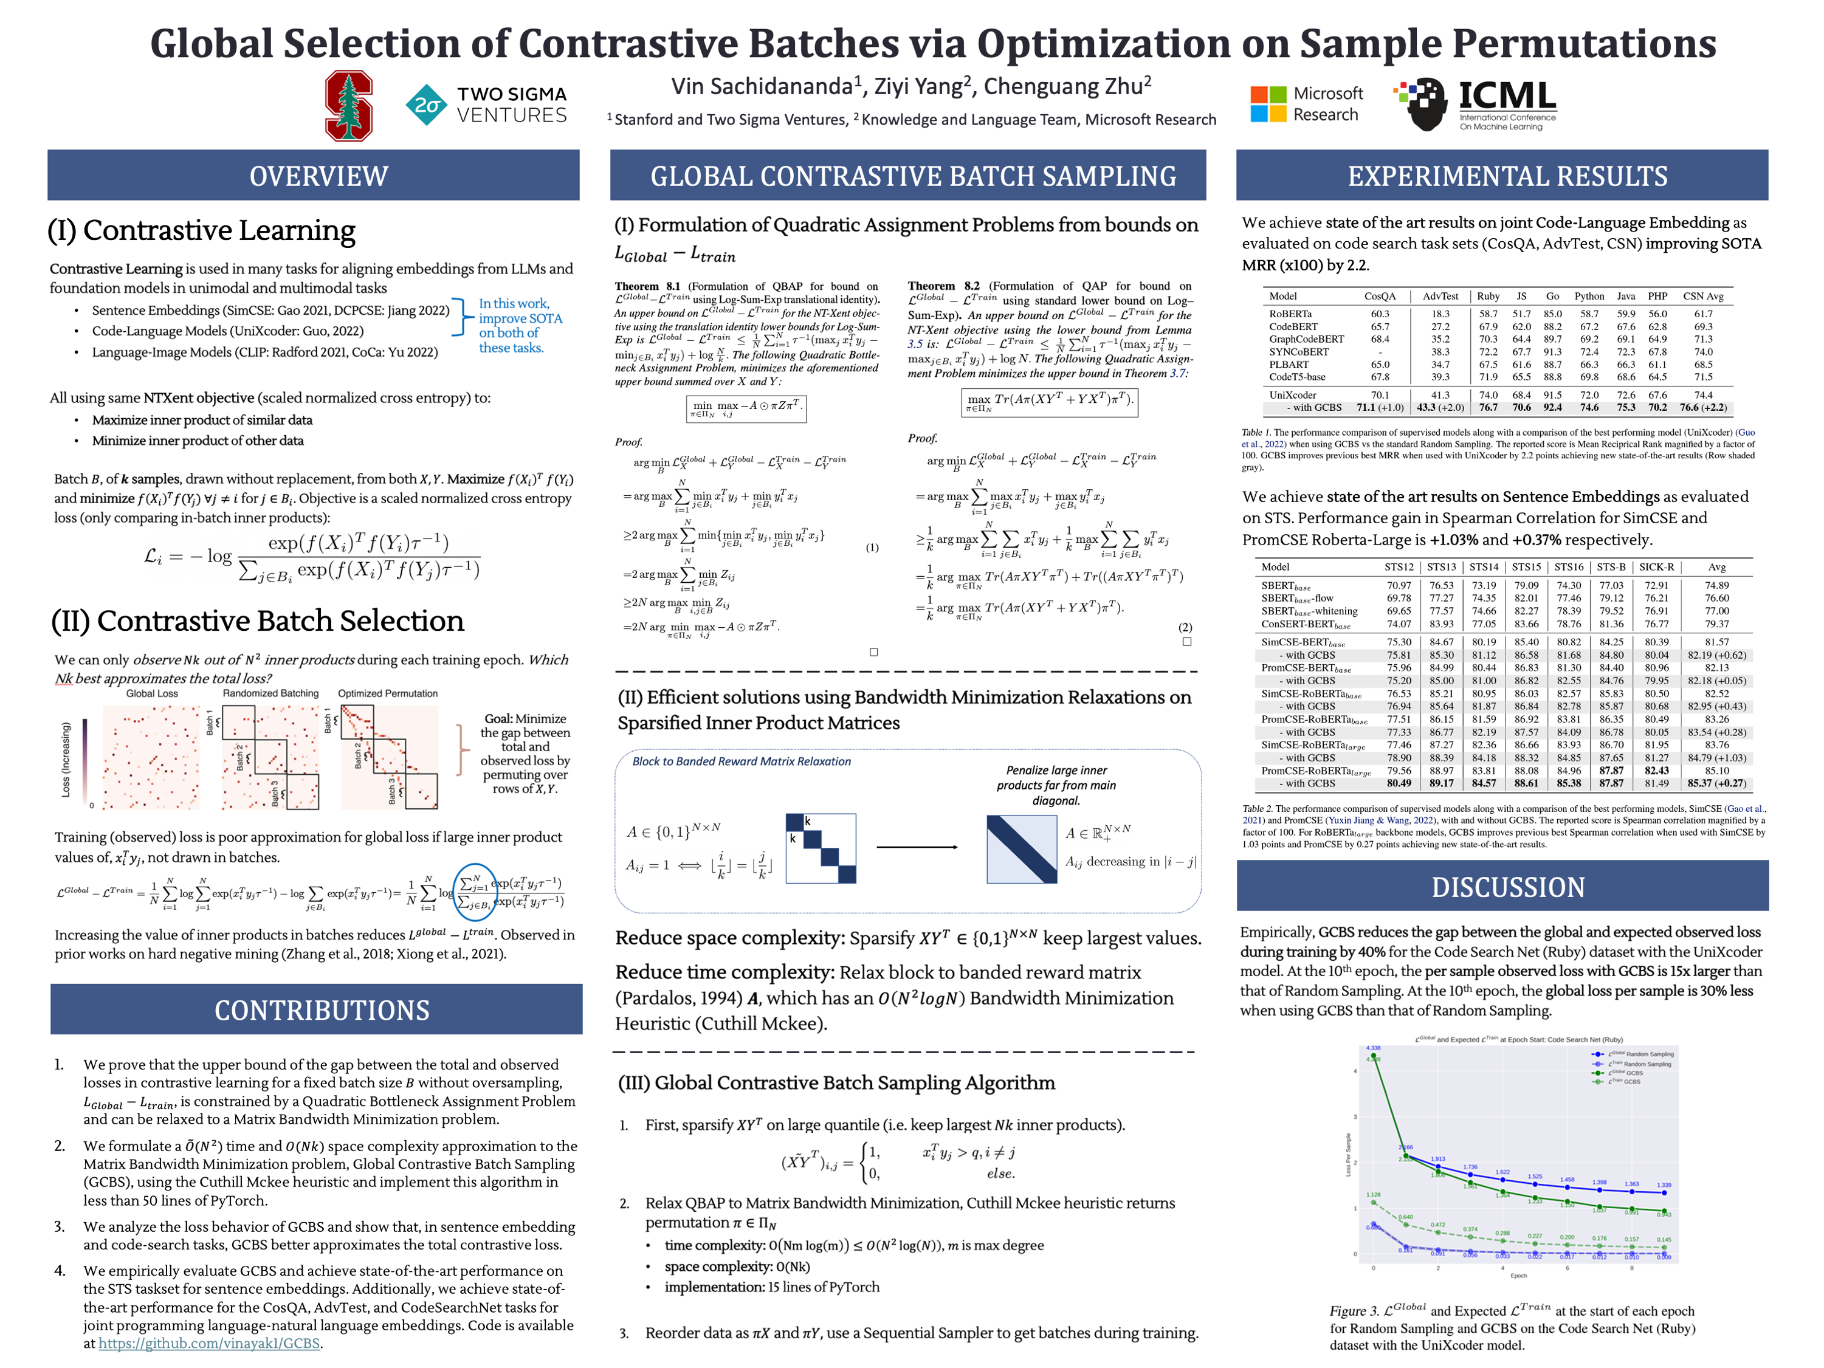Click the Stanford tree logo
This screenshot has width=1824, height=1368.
[x=348, y=106]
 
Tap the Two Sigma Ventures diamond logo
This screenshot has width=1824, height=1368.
[x=425, y=105]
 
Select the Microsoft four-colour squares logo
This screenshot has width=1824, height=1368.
[x=1267, y=104]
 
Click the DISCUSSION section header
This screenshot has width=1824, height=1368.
[x=1507, y=887]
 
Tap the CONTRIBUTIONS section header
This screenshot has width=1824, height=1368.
[x=322, y=1009]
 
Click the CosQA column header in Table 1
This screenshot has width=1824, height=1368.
[x=1380, y=297]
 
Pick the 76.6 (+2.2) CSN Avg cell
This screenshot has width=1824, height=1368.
[x=1703, y=407]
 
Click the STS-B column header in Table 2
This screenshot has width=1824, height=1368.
[x=1611, y=568]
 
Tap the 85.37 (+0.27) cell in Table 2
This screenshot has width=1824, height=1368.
[x=1716, y=783]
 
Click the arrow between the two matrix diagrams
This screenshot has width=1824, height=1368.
[x=916, y=847]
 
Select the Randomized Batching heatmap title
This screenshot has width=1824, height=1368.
[x=270, y=693]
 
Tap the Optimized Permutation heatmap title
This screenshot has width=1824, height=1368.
[x=388, y=693]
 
